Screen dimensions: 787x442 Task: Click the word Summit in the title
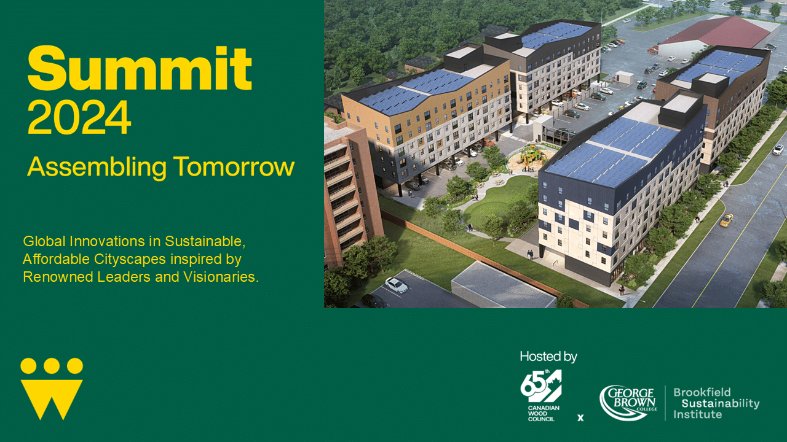[140, 68]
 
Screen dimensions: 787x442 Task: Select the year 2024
[79, 117]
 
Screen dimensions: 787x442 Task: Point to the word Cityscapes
[130, 260]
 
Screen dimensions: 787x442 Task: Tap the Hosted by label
[548, 357]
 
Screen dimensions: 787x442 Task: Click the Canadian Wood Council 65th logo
[541, 395]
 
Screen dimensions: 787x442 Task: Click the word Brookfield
[702, 392]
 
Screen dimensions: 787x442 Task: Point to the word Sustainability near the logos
[721, 403]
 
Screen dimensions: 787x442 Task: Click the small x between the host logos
[580, 417]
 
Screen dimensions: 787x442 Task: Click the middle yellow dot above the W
[52, 366]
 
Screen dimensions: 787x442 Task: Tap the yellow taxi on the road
[727, 220]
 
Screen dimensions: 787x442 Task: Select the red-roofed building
[713, 35]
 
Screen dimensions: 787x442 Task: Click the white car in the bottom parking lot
[397, 285]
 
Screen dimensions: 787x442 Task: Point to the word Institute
[697, 414]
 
